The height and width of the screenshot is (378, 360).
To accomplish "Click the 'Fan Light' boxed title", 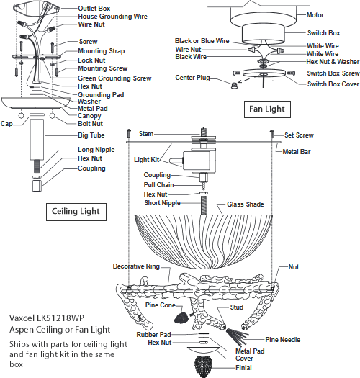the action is tap(267, 109).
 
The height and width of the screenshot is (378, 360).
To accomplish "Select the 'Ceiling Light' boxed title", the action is tap(76, 212).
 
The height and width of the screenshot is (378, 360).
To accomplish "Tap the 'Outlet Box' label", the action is tap(94, 9).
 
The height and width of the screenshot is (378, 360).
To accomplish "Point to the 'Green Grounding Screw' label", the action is tap(114, 78).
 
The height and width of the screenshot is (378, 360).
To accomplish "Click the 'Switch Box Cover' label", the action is tap(333, 84).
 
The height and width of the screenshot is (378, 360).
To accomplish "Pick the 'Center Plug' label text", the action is tap(193, 78).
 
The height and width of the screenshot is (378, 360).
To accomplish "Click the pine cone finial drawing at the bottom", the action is tap(204, 366).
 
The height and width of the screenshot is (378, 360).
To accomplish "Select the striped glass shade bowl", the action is tap(204, 242).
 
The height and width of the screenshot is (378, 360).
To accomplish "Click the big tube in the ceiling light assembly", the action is tap(37, 140).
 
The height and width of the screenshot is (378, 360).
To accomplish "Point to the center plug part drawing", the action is tap(233, 86).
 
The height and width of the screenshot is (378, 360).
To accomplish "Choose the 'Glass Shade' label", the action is tap(246, 204).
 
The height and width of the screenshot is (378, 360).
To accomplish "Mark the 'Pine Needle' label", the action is tap(282, 340).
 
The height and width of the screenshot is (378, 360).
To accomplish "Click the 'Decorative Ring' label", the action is tap(136, 266).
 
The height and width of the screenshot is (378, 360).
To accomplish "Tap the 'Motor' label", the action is tap(315, 15).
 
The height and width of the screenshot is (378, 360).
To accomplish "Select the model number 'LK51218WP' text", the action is tap(60, 318).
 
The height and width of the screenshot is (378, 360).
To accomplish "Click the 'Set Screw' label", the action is tap(299, 135).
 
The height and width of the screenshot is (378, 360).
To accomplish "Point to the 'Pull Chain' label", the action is tap(158, 185).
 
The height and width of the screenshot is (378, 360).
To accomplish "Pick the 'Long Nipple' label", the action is tap(96, 150).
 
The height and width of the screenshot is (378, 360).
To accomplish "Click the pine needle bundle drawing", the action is tap(236, 336).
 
